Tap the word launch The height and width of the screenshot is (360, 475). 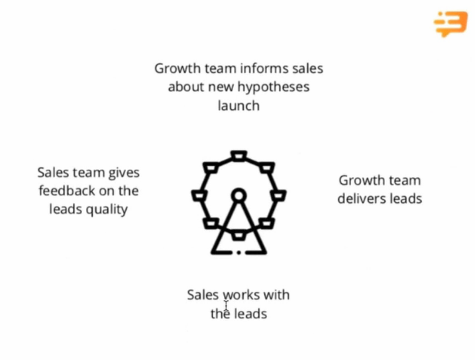coord(238,105)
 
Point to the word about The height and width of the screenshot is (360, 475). coord(186,87)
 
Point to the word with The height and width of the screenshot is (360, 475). coord(276,294)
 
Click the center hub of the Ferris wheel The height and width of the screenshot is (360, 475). coord(238,195)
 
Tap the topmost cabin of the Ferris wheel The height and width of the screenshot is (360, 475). coord(238,156)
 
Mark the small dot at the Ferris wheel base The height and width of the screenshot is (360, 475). coord(238,252)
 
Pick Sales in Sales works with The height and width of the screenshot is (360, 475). coord(203,294)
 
